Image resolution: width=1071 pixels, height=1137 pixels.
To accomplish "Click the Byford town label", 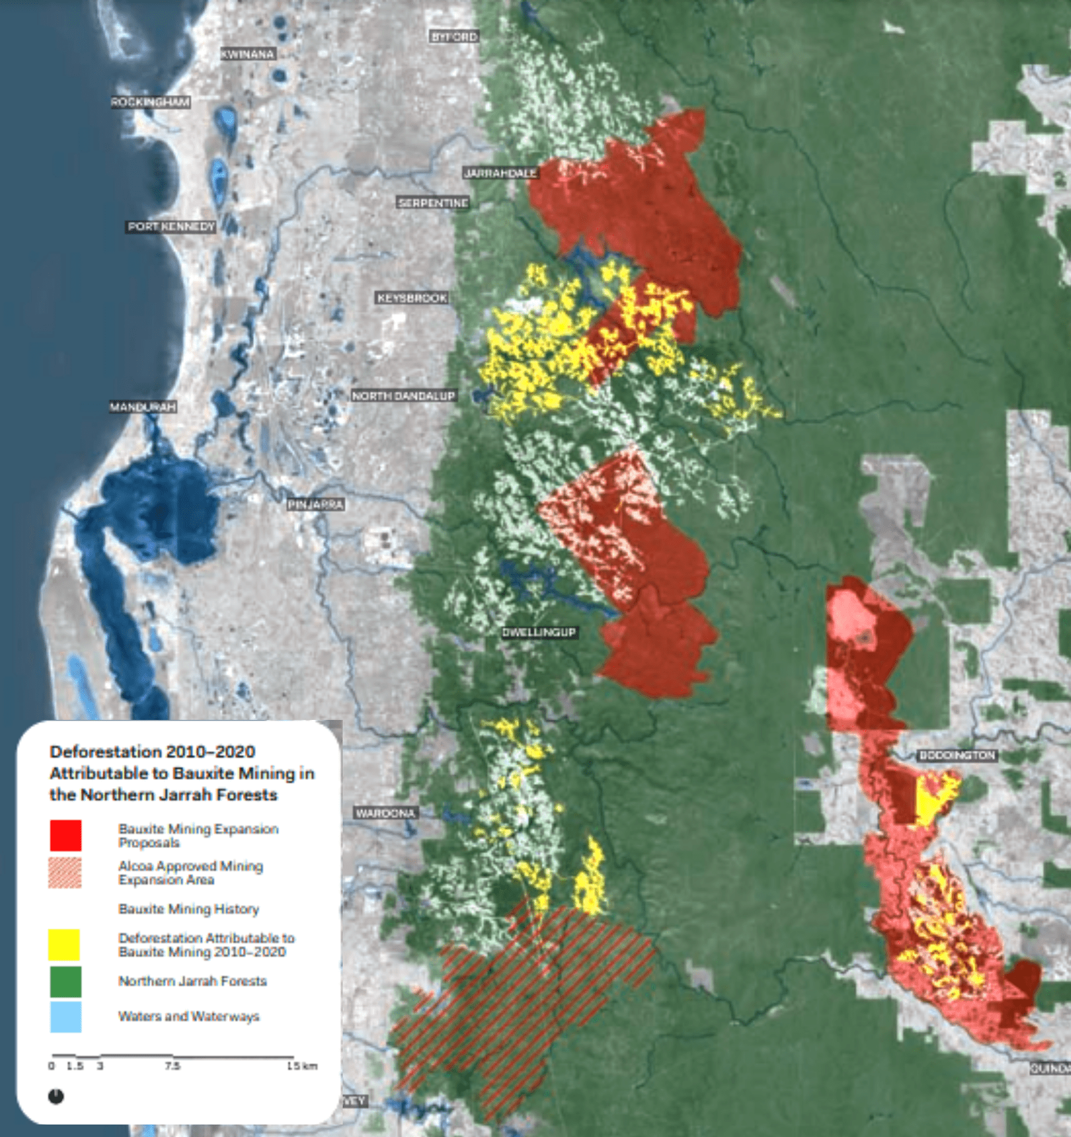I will point(454,37).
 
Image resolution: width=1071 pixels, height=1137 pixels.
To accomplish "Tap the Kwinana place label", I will point(248,54).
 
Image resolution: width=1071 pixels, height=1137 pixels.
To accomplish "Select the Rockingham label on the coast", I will point(150,102).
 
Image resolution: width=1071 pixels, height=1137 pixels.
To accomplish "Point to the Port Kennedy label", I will point(171,227).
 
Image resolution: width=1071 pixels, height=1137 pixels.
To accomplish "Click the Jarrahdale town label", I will point(500,173).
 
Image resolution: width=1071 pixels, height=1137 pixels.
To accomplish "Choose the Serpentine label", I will point(433,203).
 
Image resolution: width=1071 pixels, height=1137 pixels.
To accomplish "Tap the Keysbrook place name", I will point(412,298).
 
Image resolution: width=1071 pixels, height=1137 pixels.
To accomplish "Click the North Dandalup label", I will point(403,396).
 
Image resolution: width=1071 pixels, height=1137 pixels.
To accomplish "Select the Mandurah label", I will point(143,407).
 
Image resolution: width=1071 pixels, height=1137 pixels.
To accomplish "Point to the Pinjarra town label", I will point(315,505).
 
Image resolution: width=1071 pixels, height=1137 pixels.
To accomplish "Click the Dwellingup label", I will point(539,632).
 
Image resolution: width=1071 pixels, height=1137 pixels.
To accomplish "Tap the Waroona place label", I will point(385,813).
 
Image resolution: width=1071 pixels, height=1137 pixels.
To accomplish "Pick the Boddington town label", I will point(957,756).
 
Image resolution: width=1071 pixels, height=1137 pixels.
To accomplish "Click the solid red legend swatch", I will point(66,835).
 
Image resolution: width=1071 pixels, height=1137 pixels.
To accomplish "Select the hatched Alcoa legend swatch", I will point(66,872).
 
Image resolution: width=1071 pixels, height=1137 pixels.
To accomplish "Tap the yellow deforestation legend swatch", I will point(64,945).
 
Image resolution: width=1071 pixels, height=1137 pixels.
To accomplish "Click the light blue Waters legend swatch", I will point(66,1016).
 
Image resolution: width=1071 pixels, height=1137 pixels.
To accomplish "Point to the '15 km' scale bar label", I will point(302,1066).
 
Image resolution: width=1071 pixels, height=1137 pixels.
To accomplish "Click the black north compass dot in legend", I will point(56,1096).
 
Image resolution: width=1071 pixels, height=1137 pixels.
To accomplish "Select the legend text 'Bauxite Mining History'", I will point(188,909).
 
